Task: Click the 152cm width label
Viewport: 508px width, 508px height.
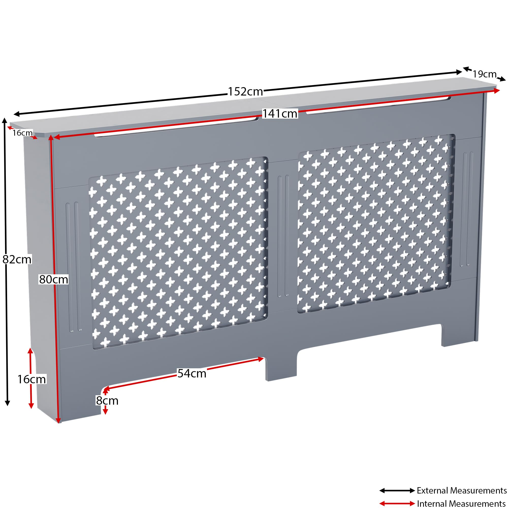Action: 245,91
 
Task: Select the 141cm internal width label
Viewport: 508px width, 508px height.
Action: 280,114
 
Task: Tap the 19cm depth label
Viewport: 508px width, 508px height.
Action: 484,74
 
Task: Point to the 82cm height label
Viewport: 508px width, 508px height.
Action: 17,260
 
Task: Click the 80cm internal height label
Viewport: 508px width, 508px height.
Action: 54,279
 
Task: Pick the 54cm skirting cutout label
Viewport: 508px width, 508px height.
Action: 192,373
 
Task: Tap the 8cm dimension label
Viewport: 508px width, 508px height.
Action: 107,401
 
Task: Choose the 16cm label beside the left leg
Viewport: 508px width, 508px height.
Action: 31,379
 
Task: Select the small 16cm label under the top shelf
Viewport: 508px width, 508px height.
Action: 23,133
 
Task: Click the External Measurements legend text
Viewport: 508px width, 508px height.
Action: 462,490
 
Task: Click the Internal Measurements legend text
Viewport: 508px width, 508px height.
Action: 462,503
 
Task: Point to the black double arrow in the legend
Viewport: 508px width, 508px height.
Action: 397,490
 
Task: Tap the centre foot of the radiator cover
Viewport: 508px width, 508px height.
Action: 281,368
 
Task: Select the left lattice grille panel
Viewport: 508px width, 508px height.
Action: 178,252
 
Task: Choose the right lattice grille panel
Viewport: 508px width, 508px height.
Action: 376,224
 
